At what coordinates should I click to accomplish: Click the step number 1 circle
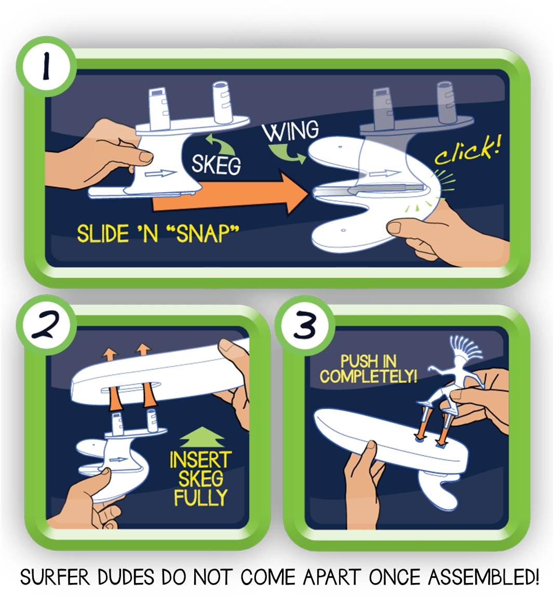coord(46,66)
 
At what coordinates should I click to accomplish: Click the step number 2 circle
coord(46,324)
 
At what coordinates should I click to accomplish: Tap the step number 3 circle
coord(305,326)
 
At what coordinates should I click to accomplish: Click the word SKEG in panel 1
coord(216,165)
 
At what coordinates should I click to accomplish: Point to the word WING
coord(291,130)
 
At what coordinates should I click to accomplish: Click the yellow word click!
coord(468,151)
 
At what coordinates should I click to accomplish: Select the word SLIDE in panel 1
coord(103,234)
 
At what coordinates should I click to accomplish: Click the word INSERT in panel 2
coord(200,459)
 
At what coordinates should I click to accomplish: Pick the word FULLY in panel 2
coord(200,497)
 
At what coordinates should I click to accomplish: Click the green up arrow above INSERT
coord(202,437)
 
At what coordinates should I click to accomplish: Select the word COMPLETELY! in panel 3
coord(368,376)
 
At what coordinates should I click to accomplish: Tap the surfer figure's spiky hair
coord(466,345)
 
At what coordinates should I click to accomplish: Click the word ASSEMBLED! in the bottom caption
coord(483,577)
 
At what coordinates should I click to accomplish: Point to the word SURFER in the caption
coord(55,577)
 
